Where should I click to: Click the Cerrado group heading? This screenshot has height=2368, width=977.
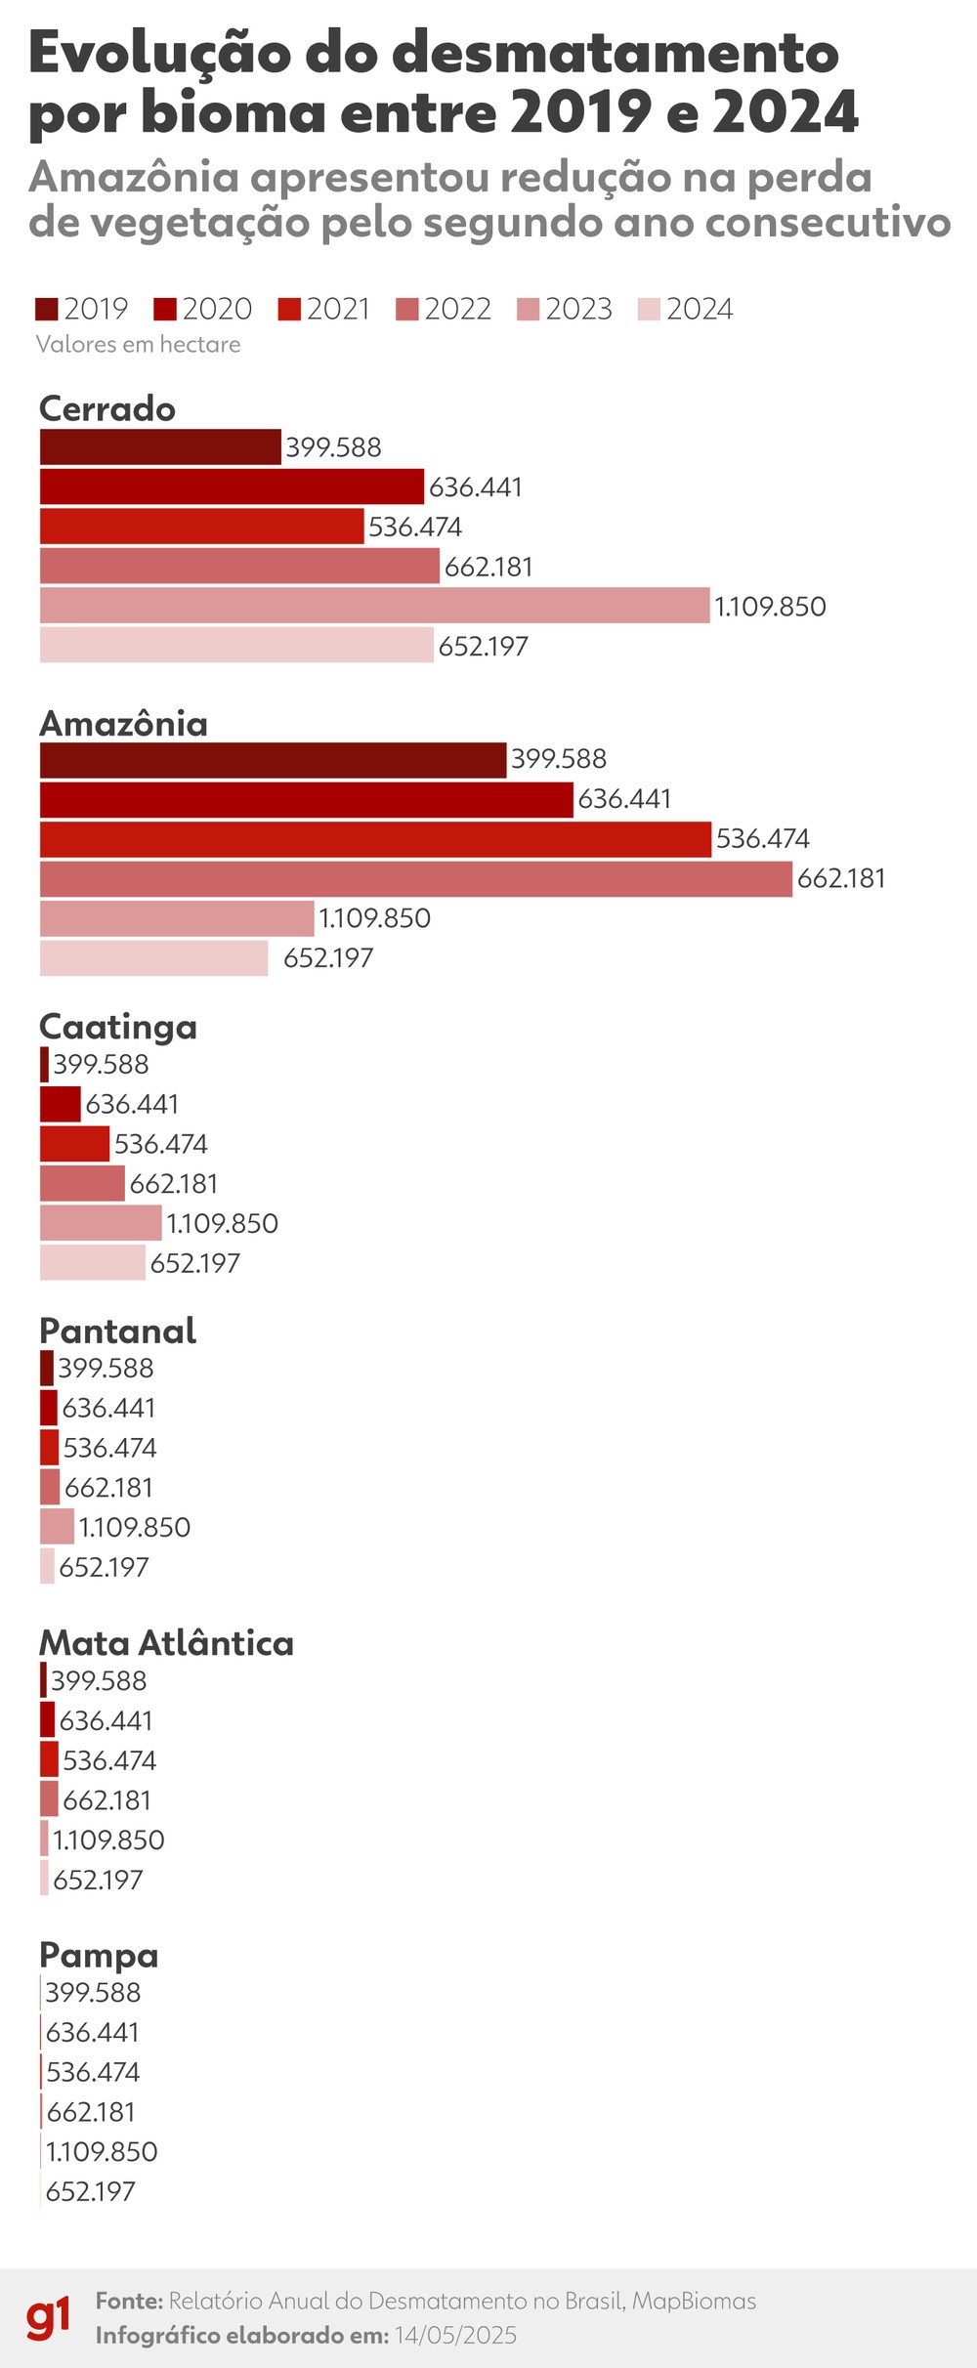[107, 408]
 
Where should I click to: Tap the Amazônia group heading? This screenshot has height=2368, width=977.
[123, 724]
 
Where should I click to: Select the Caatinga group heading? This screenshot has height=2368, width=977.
[118, 1027]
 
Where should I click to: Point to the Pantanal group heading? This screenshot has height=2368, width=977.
[117, 1331]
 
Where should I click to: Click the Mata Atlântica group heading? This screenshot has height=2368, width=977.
[166, 1643]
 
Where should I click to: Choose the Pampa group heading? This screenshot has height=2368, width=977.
[99, 1956]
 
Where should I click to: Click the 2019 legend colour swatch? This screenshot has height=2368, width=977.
[47, 310]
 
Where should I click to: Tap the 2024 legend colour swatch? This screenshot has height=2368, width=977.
[649, 310]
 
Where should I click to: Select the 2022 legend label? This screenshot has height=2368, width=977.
[457, 310]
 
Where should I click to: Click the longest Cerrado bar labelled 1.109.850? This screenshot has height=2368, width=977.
[374, 606]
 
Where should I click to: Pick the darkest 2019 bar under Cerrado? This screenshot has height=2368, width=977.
[160, 447]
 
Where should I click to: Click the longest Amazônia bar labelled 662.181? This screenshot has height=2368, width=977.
[415, 878]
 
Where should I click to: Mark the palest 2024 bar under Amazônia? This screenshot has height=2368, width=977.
[153, 957]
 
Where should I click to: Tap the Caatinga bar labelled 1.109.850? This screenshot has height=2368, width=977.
[101, 1223]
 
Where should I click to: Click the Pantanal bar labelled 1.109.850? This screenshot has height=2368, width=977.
[57, 1527]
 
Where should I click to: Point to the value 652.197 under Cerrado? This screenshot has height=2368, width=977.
[483, 647]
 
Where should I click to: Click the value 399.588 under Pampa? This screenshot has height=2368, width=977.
[93, 1993]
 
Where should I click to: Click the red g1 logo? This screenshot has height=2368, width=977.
[48, 2317]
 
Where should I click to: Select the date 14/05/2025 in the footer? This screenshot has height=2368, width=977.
[455, 2335]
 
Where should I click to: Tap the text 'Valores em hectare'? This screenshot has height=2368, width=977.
[138, 345]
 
